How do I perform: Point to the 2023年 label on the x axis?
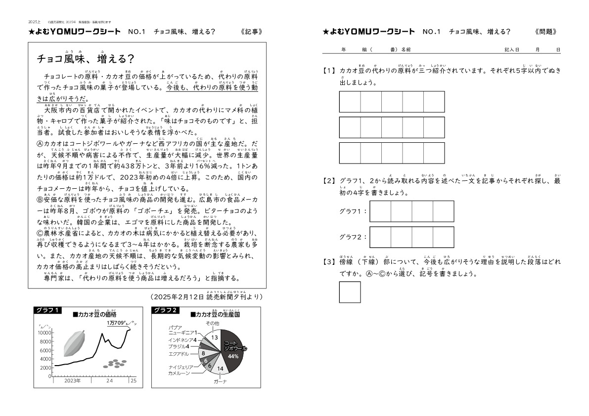73,381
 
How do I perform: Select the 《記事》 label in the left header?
251,32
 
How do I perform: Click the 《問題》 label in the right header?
546,32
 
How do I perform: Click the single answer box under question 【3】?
350,292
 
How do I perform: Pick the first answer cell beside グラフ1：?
380,211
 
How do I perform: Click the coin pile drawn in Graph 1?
116,364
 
